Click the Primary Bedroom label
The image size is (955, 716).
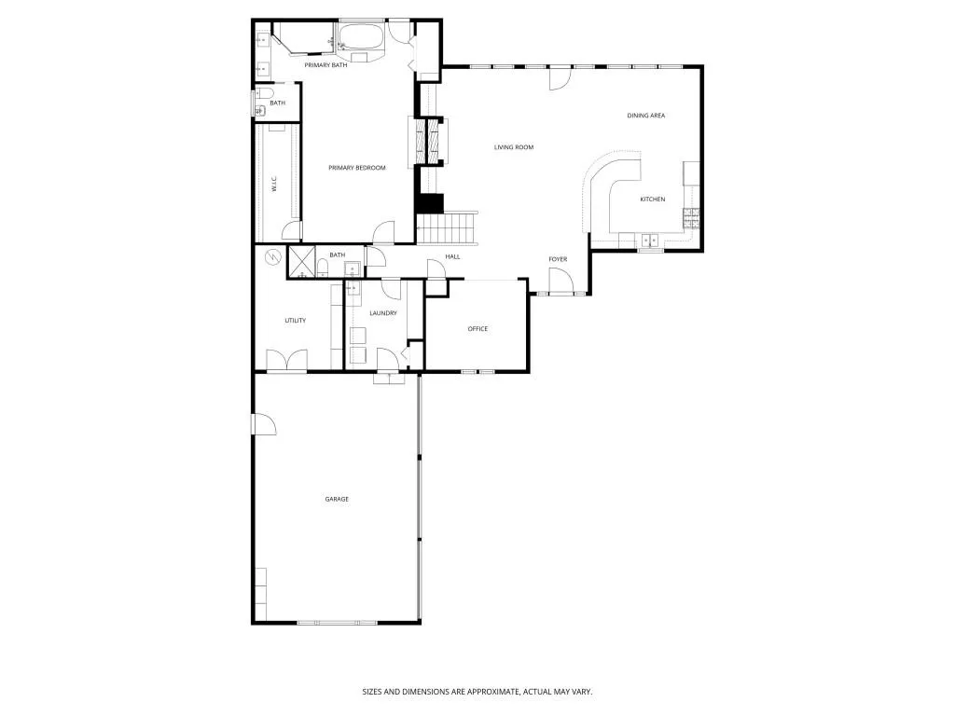pyautogui.click(x=356, y=168)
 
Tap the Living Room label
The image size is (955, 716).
pyautogui.click(x=513, y=147)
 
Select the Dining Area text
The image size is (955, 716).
pyautogui.click(x=645, y=116)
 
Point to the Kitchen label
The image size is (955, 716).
pyautogui.click(x=652, y=200)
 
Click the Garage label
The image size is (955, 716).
pyautogui.click(x=337, y=500)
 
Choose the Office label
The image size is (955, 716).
pyautogui.click(x=477, y=329)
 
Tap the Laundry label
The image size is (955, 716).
pyautogui.click(x=382, y=313)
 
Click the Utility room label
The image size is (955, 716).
pyautogui.click(x=295, y=321)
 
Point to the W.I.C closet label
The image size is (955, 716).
pyautogui.click(x=274, y=186)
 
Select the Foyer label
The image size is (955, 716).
pyautogui.click(x=558, y=259)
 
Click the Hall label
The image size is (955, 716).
pyautogui.click(x=452, y=256)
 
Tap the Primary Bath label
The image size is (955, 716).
pyautogui.click(x=325, y=65)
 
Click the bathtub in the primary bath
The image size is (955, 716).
pyautogui.click(x=360, y=40)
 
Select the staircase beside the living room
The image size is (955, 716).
pyautogui.click(x=448, y=227)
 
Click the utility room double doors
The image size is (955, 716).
pyautogui.click(x=286, y=362)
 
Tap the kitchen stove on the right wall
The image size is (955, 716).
pyautogui.click(x=691, y=218)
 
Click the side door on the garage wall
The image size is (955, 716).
pyautogui.click(x=263, y=424)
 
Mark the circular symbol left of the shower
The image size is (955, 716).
pyautogui.click(x=273, y=257)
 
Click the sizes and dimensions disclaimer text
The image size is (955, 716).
pyautogui.click(x=477, y=692)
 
